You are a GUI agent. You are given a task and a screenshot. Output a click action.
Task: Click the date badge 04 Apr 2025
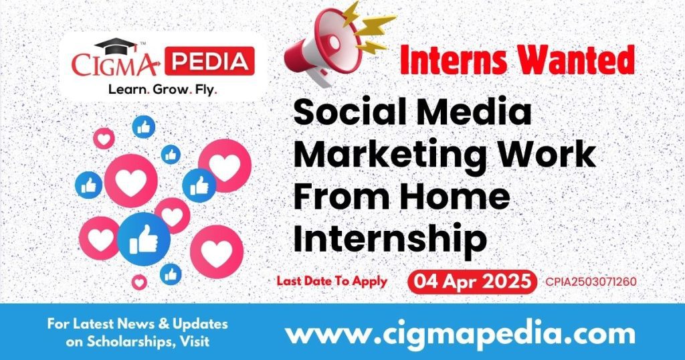472,281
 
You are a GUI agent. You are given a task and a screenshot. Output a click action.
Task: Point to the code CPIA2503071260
591,282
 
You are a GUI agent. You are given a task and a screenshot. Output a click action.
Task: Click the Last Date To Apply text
332,281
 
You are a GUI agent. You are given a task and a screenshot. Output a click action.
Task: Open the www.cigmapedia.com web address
460,333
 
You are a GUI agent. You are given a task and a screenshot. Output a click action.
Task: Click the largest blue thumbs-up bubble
143,239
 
